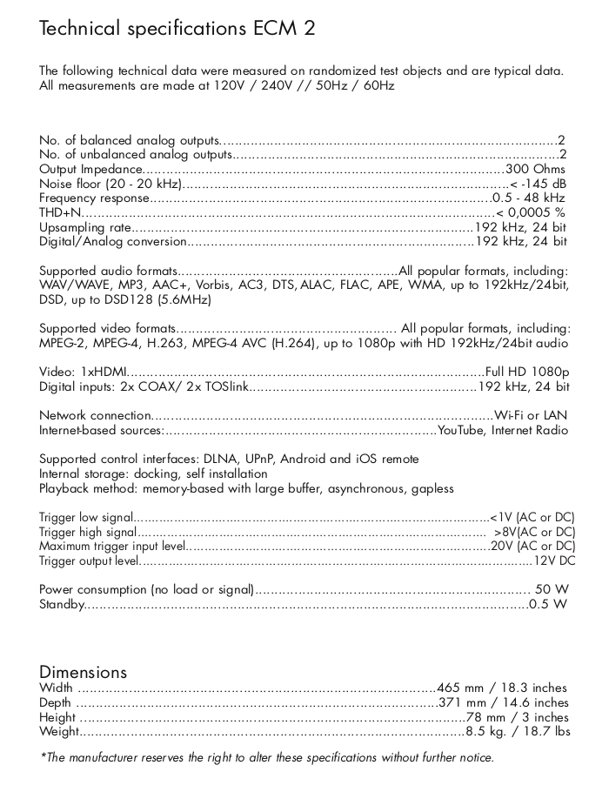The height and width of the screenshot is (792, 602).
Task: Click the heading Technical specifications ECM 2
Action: (x=177, y=28)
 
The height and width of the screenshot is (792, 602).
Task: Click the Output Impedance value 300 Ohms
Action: (x=536, y=169)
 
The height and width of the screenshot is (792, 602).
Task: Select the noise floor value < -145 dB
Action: (x=538, y=184)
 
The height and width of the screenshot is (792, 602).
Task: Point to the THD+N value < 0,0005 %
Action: (x=531, y=212)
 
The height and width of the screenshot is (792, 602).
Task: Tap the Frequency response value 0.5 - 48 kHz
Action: (x=530, y=198)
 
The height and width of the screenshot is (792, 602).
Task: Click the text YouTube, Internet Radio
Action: (x=503, y=430)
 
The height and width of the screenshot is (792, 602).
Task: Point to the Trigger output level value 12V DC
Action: (x=555, y=560)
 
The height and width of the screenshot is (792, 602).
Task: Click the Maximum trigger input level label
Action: (x=112, y=547)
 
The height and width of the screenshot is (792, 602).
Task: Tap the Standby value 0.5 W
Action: (x=548, y=604)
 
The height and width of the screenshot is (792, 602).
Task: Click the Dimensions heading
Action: (x=84, y=672)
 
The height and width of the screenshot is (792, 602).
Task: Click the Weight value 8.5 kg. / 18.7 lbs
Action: (x=518, y=732)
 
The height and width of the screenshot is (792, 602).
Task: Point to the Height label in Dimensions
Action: (x=57, y=717)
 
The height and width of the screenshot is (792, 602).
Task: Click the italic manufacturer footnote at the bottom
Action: (x=268, y=757)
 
